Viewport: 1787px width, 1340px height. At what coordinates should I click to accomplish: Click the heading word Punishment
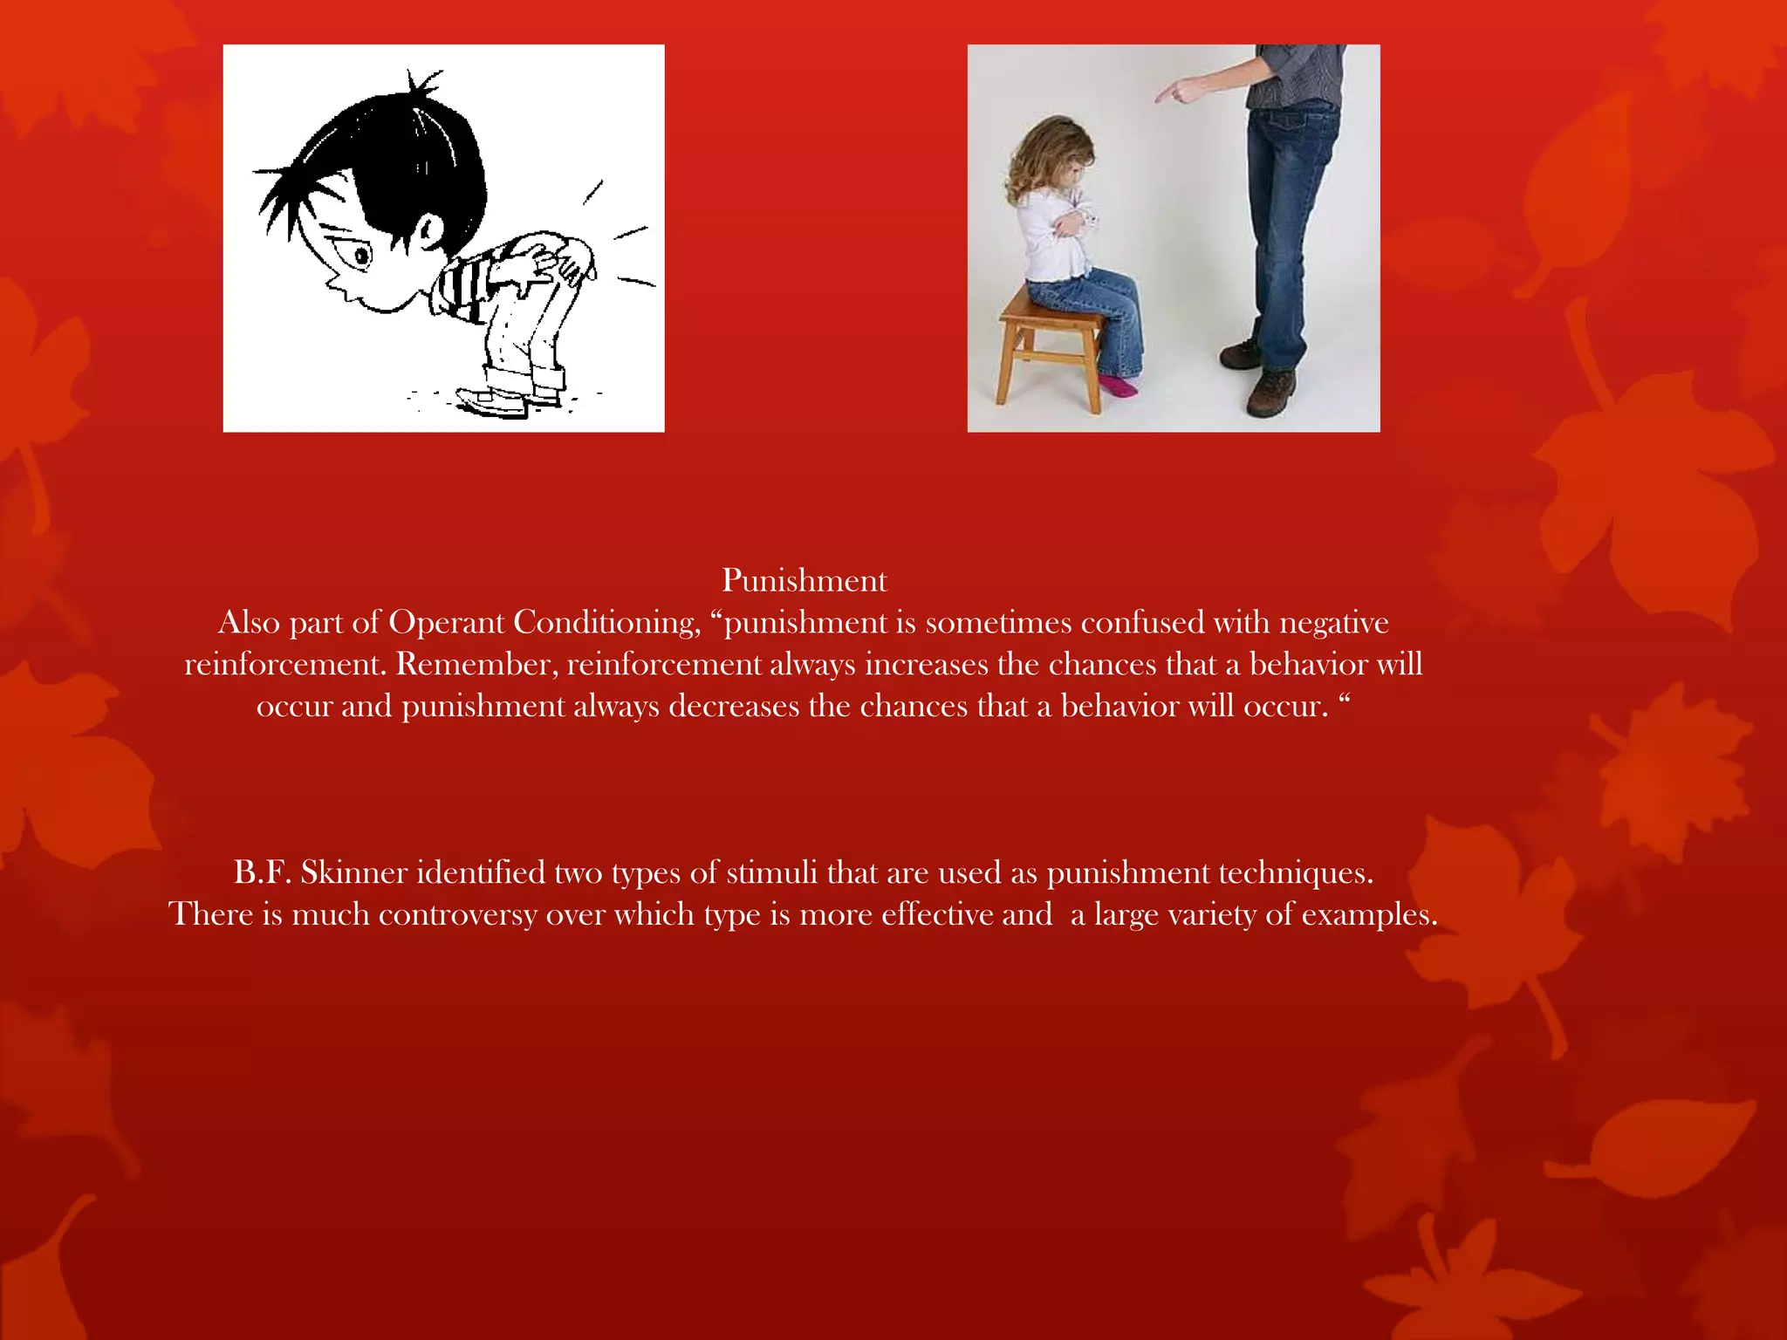click(804, 581)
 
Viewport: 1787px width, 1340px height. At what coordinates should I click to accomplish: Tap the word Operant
click(446, 623)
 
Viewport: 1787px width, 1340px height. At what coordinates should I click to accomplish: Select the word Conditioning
click(607, 623)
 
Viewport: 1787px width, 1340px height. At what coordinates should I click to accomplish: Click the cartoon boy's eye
click(360, 256)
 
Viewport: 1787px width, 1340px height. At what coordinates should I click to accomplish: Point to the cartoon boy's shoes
click(506, 402)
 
